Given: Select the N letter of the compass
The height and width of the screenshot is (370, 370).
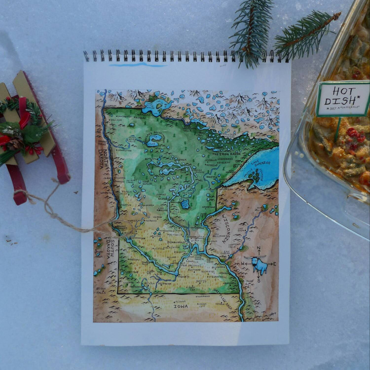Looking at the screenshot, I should pos(258,249).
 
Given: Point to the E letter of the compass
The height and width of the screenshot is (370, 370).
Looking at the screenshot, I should pos(275,265).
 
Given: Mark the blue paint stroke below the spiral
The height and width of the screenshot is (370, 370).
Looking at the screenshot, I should pos(138,65).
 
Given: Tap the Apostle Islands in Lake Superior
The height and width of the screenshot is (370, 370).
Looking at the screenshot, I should pos(253,173).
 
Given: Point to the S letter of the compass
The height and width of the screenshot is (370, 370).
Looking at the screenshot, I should pos(259,281).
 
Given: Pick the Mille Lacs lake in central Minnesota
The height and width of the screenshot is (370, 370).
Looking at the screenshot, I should pos(185,204).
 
